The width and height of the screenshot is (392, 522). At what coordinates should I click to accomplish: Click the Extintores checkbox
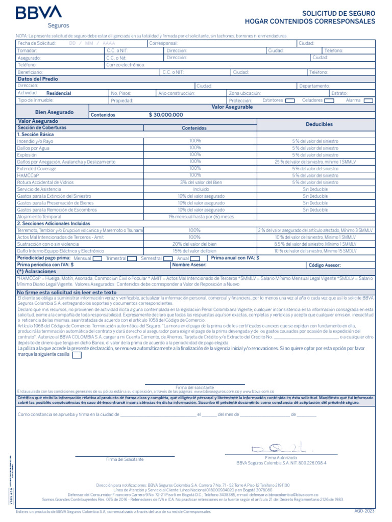[289, 100]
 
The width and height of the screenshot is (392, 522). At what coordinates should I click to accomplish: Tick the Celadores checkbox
[329, 100]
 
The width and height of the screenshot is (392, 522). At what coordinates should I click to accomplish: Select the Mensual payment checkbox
[97, 258]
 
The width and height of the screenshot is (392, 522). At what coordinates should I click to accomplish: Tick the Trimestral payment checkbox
[132, 258]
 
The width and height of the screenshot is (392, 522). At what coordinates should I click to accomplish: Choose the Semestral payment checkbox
[168, 258]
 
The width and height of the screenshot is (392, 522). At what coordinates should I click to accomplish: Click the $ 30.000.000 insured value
[166, 115]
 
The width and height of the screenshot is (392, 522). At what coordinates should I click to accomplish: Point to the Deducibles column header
[319, 124]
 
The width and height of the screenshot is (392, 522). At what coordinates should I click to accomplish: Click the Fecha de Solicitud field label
[36, 44]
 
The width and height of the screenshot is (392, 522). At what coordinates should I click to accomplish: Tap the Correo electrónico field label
[126, 65]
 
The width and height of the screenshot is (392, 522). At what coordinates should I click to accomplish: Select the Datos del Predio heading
[38, 79]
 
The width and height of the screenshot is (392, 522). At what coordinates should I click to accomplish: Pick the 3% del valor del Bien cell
[194, 182]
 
